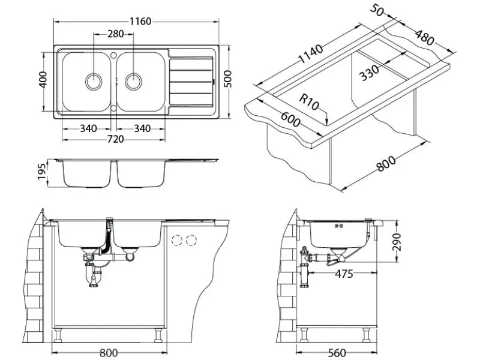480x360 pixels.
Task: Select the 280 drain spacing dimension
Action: point(116,34)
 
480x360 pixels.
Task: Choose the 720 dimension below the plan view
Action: point(115,139)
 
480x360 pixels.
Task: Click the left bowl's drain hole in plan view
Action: point(94,80)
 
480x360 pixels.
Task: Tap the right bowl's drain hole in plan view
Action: point(134,80)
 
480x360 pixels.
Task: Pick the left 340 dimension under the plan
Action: point(89,128)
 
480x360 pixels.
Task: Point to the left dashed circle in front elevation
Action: point(177,240)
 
